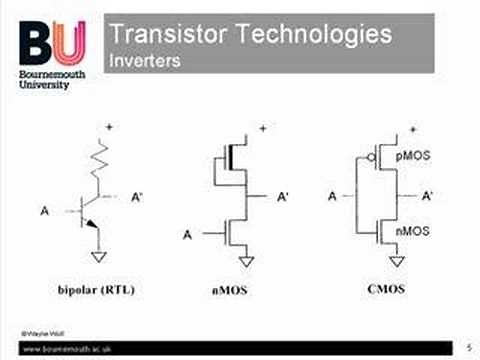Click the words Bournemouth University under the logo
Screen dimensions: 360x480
click(x=50, y=80)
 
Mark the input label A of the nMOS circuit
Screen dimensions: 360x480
click(x=187, y=235)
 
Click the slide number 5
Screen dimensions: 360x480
click(x=468, y=344)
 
